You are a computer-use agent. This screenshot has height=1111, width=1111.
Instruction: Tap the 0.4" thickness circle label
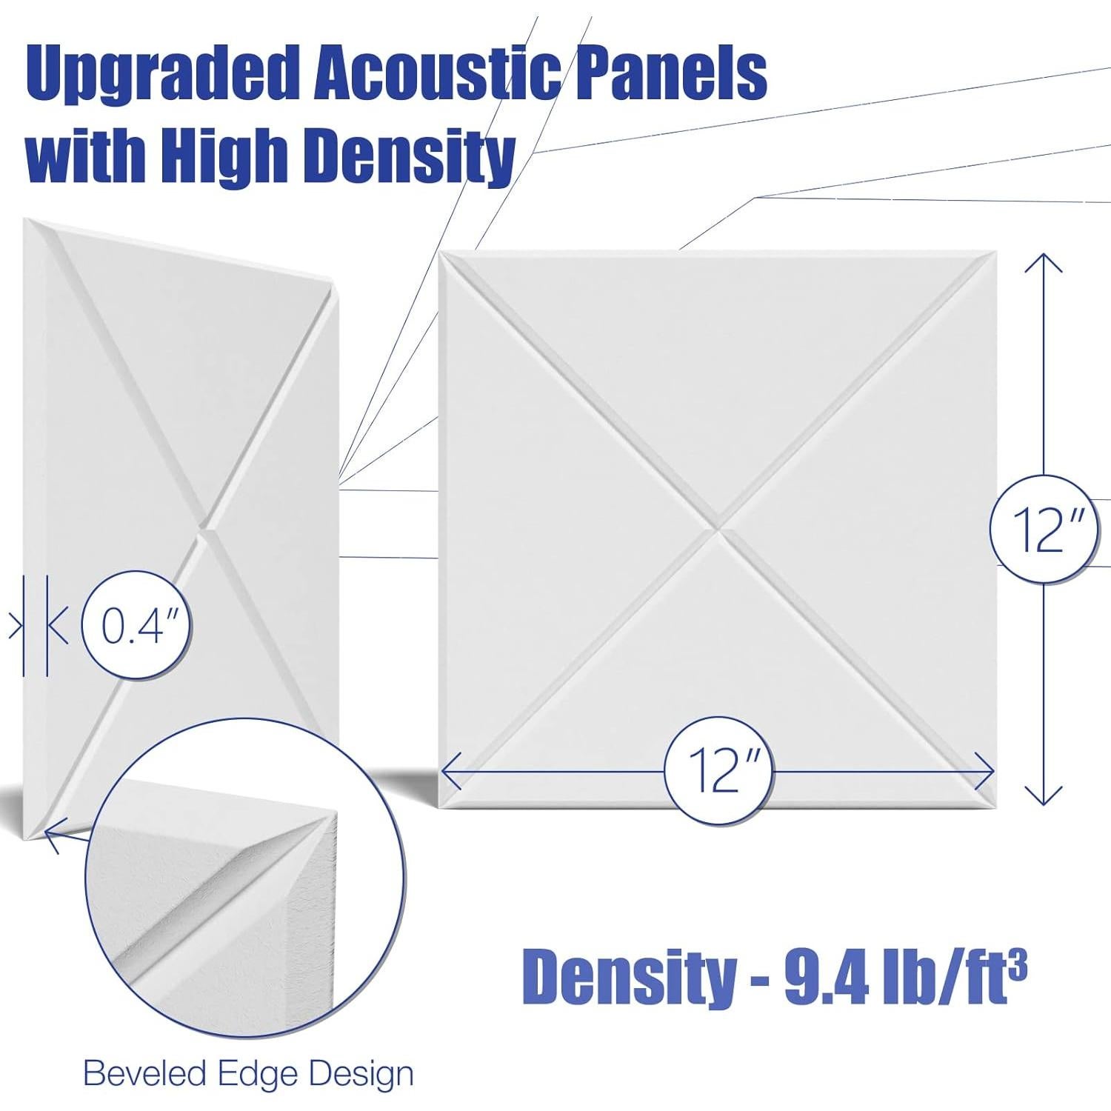point(136,626)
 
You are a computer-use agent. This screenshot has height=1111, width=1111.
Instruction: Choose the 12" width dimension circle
point(718,771)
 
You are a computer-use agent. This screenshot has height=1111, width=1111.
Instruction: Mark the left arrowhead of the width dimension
point(450,771)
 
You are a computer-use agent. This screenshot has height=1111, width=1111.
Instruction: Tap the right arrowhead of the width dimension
point(985,771)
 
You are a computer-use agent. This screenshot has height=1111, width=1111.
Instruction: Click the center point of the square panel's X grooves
point(718,529)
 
